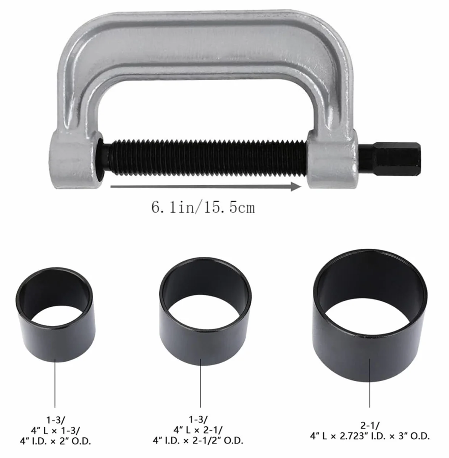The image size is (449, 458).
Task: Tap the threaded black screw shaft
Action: pyautogui.click(x=204, y=158)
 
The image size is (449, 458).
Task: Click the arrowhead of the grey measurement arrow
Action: pyautogui.click(x=296, y=187)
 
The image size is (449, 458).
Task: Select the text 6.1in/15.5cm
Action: pyautogui.click(x=203, y=208)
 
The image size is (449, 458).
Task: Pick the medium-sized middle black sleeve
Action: pyautogui.click(x=205, y=310)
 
